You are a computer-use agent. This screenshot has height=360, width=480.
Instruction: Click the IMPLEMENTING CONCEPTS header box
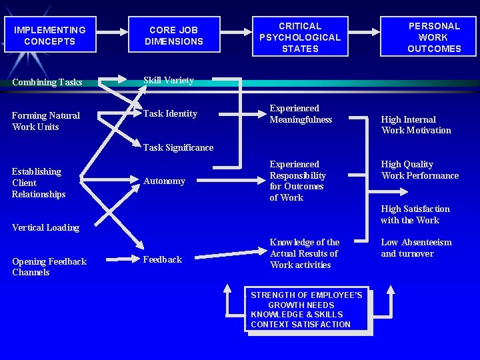point(49,35)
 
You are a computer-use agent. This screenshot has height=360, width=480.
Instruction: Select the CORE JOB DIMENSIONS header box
point(173,35)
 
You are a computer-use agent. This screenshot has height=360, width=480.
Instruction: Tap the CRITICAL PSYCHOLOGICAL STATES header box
point(299,37)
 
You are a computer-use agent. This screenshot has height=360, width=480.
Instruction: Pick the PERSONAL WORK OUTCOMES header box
point(434,37)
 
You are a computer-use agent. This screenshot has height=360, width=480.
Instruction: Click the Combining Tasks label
point(47,83)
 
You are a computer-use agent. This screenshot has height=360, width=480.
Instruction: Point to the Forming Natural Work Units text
point(45,121)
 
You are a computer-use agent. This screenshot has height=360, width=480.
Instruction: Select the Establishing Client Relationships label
point(39,183)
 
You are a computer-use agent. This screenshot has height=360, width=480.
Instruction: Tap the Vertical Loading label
point(45,227)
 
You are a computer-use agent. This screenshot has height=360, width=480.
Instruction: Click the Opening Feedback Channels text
point(49,267)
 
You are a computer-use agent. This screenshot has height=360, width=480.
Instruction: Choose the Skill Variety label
point(169,81)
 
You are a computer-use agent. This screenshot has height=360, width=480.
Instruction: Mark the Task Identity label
point(170,114)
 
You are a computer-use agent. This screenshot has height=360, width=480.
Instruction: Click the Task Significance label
point(178,148)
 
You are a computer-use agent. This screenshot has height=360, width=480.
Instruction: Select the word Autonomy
point(164,181)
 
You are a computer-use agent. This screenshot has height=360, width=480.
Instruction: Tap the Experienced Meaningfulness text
point(301,114)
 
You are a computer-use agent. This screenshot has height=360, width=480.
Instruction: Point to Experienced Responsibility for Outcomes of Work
point(297,181)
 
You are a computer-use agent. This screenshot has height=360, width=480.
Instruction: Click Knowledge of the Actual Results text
point(304,253)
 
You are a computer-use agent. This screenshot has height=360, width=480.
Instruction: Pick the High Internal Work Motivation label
point(415,125)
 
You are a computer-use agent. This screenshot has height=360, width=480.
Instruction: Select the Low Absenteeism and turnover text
point(416,248)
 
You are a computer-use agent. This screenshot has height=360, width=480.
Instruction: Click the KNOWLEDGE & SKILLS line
point(297,314)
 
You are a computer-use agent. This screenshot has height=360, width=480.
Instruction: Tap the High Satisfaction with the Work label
point(415,214)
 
